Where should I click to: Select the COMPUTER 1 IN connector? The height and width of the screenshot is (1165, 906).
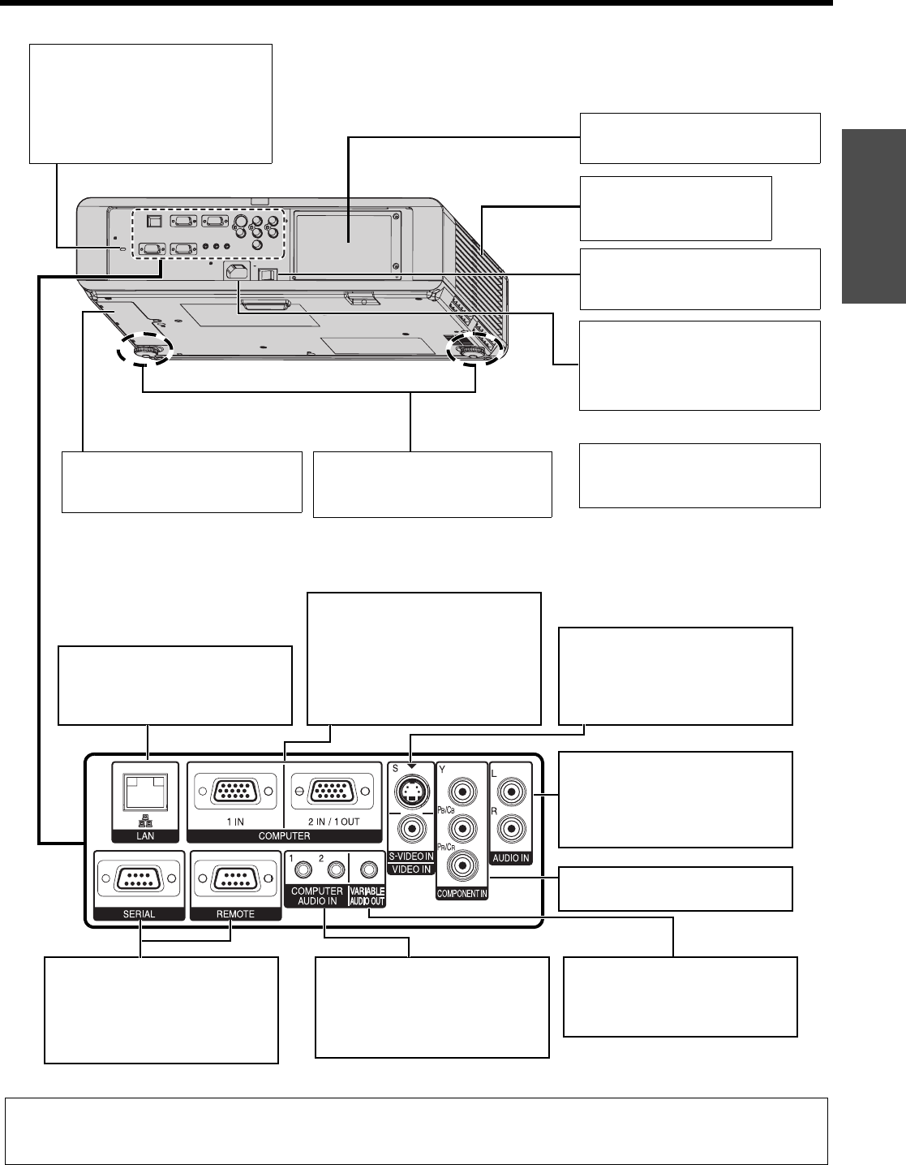click(x=235, y=792)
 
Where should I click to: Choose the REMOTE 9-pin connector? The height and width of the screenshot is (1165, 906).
click(x=235, y=879)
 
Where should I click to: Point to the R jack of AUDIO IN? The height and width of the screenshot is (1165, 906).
click(x=510, y=829)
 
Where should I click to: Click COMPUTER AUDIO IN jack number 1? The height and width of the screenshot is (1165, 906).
click(x=303, y=870)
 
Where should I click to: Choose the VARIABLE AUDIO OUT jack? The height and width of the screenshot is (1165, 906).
click(x=370, y=870)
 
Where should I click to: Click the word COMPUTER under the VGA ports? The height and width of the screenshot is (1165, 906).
click(x=284, y=835)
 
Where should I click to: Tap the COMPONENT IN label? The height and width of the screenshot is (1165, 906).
click(x=462, y=894)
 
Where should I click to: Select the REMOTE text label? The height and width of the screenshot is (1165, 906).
click(x=235, y=913)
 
